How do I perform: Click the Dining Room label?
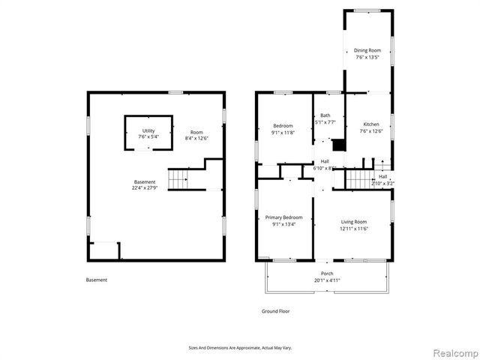(367, 51)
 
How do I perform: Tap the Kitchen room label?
(371, 124)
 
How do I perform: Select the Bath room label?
(325, 115)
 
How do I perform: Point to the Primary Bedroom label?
(283, 217)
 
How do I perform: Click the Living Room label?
(354, 221)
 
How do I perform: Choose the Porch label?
(327, 273)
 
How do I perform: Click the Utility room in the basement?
(148, 131)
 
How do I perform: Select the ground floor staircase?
(358, 179)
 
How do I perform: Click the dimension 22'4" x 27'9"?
(145, 188)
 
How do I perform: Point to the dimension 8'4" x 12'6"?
(196, 138)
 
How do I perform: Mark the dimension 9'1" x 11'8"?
(283, 132)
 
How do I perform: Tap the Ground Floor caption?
(275, 310)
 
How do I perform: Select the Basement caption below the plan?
(97, 280)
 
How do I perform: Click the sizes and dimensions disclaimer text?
(239, 347)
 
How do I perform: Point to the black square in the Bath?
(339, 144)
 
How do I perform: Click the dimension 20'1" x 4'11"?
(327, 280)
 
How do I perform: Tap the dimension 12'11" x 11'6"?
(354, 228)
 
